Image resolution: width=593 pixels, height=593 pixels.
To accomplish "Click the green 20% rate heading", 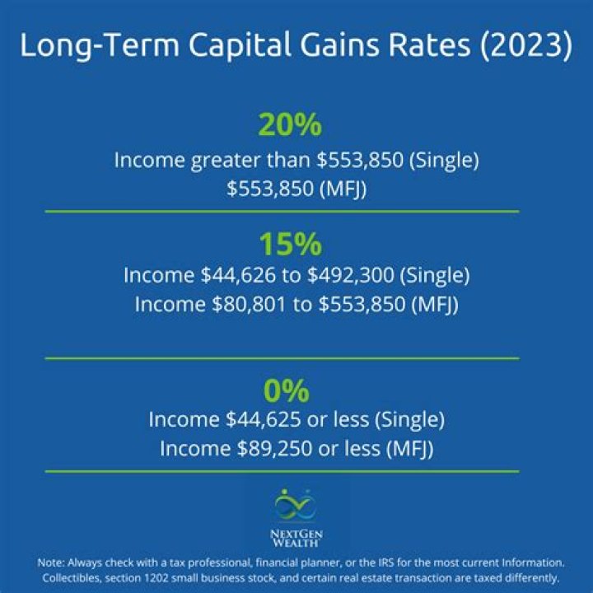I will (290, 126).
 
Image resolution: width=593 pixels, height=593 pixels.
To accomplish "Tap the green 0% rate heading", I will (296, 389).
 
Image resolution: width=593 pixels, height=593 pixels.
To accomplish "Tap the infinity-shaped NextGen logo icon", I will (296, 505).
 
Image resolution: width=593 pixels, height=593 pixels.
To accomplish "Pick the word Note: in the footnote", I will (53, 563).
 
